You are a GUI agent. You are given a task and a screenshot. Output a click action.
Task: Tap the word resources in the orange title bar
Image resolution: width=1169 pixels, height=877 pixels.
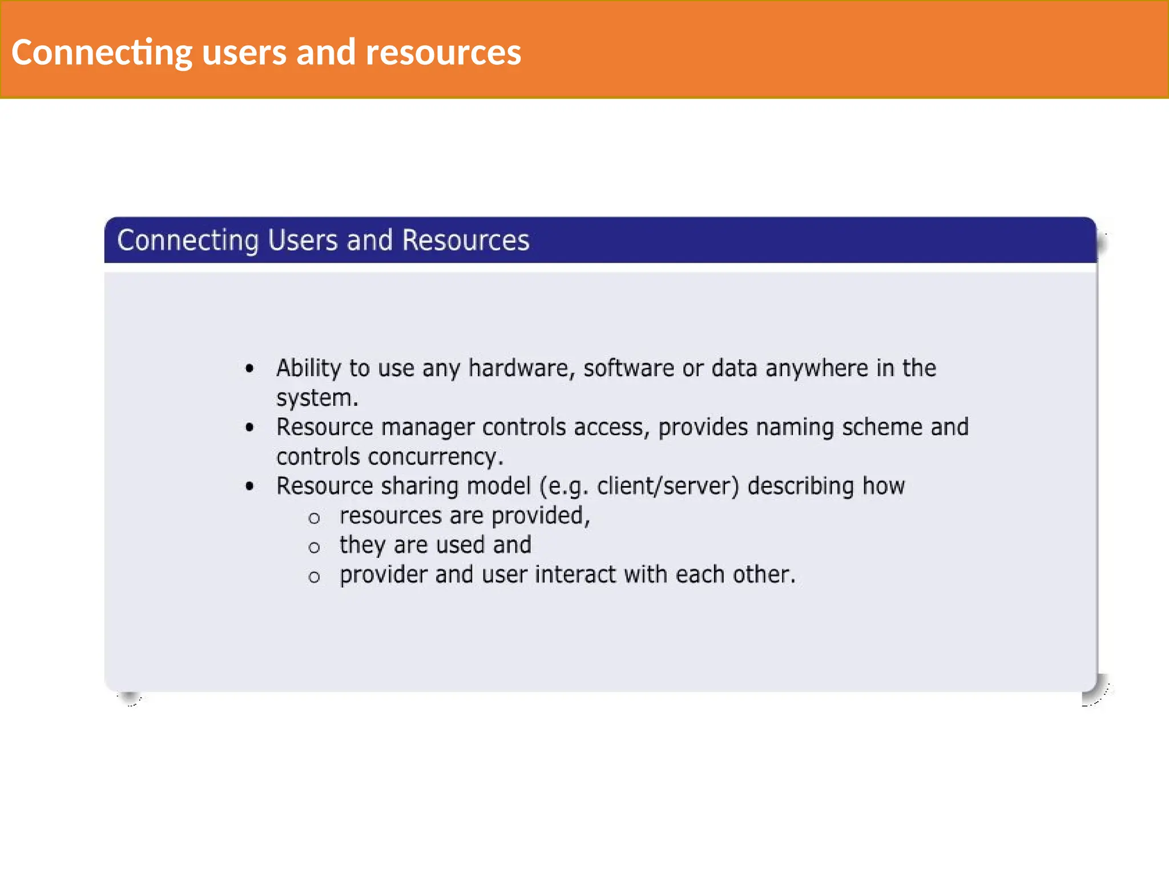[443, 53]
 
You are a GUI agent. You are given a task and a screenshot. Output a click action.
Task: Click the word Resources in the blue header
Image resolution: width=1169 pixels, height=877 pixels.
[466, 240]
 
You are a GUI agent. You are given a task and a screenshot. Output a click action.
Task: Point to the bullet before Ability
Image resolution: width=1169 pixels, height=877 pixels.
[249, 369]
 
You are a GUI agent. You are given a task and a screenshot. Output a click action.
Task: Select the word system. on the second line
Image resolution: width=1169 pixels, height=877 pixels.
[317, 398]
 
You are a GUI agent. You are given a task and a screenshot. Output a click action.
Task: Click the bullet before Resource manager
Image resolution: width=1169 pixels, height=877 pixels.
[249, 428]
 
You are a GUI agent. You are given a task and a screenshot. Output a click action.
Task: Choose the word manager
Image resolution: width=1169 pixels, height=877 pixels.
[428, 428]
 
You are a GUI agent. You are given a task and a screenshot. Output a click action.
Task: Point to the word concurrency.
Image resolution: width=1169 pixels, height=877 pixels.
[436, 457]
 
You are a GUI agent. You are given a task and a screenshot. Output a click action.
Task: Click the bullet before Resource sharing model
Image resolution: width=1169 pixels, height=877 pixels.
[249, 486]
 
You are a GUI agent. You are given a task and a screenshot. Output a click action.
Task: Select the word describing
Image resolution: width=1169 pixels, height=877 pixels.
[800, 486]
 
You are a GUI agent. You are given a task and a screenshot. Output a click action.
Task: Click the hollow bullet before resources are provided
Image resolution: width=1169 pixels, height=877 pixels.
[314, 518]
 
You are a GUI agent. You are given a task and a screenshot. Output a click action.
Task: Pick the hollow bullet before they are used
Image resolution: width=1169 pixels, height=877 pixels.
[314, 548]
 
